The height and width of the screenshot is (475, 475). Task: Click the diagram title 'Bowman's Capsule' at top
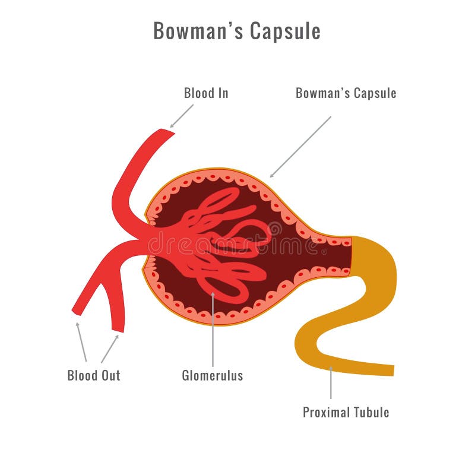pos(237,31)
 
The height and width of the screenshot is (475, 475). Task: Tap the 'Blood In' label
pos(206,93)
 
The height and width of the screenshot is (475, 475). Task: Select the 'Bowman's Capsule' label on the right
pos(346,93)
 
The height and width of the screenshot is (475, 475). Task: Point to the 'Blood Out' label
pos(94,376)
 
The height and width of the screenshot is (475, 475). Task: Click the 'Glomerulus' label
pos(213,376)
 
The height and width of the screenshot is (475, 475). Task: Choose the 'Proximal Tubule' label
pos(346,412)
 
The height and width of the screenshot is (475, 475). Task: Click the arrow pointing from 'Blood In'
pos(182,116)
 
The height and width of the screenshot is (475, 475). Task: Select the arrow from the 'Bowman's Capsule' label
pos(300,147)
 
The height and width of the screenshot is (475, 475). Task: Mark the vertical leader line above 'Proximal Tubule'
pos(331,383)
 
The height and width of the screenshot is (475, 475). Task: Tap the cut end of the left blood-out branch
pos(76,312)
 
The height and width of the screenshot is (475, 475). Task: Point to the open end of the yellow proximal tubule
pos(393,370)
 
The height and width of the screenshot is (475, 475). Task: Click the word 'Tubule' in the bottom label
pos(372,412)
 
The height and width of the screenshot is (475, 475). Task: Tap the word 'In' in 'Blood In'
pos(223,93)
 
